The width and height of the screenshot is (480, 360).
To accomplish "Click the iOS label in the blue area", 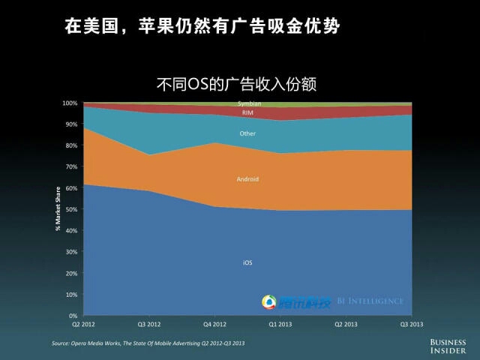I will click(247, 262).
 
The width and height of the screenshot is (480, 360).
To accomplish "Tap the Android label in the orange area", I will click(247, 179).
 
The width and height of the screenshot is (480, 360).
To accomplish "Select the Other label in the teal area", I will click(247, 133).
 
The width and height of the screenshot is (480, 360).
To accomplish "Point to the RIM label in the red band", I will click(247, 112).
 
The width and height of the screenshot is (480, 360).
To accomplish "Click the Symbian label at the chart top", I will click(249, 103).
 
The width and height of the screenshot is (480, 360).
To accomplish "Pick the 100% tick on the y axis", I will click(70, 103).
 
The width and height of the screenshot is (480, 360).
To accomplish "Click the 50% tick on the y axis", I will click(71, 209).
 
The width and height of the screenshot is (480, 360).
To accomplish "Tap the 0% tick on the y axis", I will click(73, 316).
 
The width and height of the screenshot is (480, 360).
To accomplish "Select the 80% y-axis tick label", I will click(71, 145).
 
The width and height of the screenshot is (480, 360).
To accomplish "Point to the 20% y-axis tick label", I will click(71, 273).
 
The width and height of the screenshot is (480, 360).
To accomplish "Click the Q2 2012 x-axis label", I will click(82, 325).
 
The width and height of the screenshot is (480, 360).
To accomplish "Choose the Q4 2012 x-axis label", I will click(214, 325).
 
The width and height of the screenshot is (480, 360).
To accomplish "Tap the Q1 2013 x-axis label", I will click(280, 325).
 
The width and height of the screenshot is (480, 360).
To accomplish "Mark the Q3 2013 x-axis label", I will click(412, 325).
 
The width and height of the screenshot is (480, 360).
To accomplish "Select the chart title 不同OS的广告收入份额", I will click(236, 83).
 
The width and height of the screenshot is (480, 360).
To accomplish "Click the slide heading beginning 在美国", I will click(202, 28).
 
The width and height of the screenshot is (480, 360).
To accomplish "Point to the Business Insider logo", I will click(448, 345).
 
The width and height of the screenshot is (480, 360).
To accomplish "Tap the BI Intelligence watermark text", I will click(370, 301).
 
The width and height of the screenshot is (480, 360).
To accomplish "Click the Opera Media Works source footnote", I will click(148, 343).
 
